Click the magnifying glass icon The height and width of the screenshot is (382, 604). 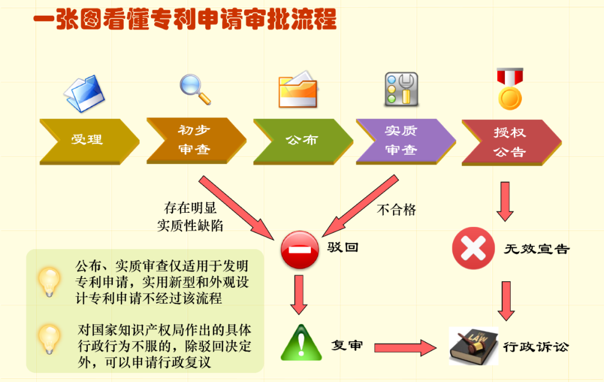point(195,88)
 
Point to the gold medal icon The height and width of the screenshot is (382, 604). point(509,90)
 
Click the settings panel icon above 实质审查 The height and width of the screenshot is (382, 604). point(401,90)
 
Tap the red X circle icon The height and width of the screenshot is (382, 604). point(473,248)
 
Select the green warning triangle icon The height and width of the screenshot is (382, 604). point(301,343)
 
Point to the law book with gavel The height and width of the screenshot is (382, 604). point(473,346)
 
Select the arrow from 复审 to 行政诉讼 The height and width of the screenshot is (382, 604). point(405,348)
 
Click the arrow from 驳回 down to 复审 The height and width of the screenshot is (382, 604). point(299,295)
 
